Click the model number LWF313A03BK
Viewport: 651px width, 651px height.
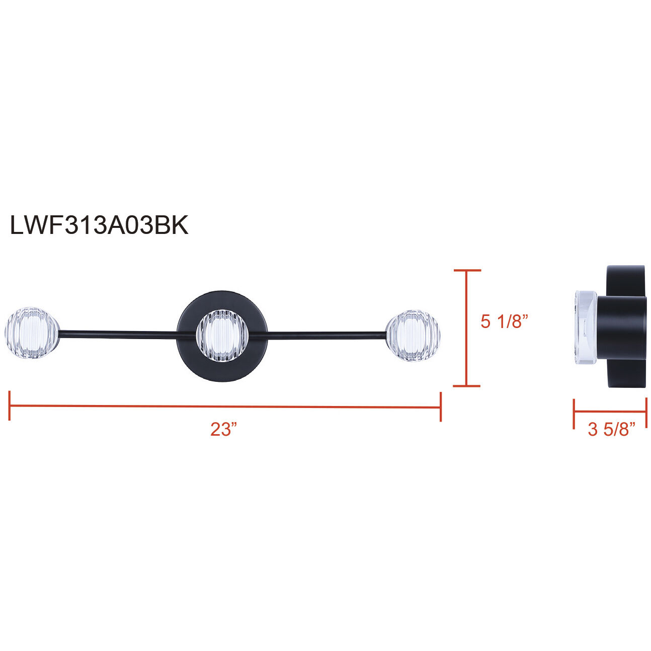(99, 225)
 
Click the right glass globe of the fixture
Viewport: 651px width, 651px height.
(413, 336)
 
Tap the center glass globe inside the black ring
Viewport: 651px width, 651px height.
(222, 336)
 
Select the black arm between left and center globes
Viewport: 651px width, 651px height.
(118, 333)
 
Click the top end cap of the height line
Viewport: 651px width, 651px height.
(467, 271)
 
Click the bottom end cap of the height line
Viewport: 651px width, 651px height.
(467, 386)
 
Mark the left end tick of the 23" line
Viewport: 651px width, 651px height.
(10, 405)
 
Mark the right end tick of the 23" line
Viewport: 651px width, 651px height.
(441, 406)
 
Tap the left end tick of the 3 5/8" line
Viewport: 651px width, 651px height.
(574, 414)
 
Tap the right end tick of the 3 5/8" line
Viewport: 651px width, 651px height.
(646, 414)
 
